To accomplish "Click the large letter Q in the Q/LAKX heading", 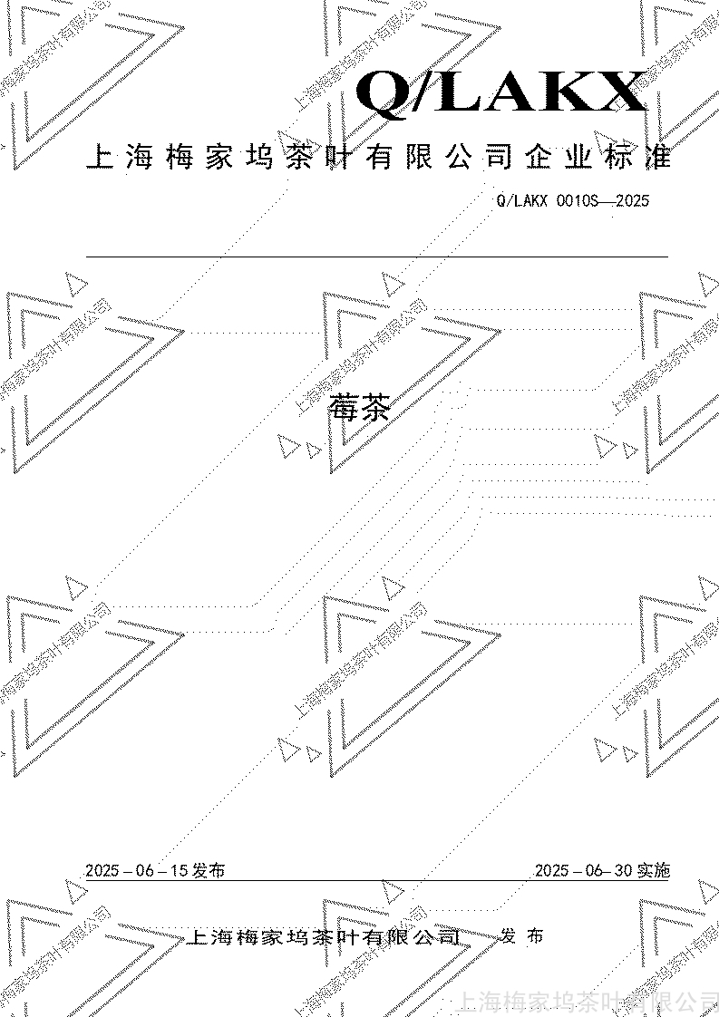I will pos(384,93).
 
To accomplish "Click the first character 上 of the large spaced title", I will pos(99,158).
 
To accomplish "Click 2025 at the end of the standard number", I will pos(632,201).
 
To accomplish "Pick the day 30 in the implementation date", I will pos(622,871).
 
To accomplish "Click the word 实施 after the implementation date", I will pos(654,871).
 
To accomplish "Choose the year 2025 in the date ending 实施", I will pos(551,871).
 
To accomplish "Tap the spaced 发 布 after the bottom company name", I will pos(522,936).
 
